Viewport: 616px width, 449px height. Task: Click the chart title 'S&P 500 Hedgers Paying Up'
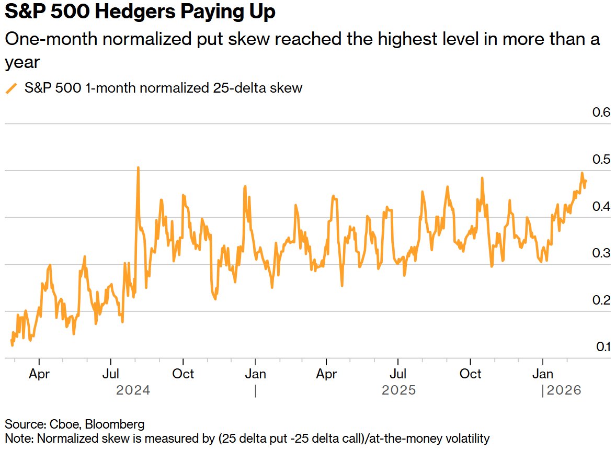tap(140, 13)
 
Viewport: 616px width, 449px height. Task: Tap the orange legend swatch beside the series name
tap(11, 88)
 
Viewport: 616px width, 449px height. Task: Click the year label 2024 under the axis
tap(133, 390)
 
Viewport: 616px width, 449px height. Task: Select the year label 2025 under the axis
tap(398, 390)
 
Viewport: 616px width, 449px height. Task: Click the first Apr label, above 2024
tap(39, 374)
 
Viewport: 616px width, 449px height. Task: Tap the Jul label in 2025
tap(398, 374)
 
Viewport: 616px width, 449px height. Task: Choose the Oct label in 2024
tap(183, 374)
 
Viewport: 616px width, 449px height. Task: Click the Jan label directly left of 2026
tap(542, 374)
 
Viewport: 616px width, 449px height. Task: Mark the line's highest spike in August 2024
tap(138, 168)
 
